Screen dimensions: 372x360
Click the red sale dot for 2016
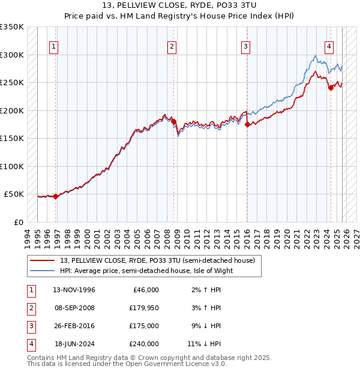click(x=247, y=125)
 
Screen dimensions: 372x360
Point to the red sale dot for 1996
click(x=55, y=196)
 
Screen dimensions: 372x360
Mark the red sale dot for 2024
click(x=331, y=88)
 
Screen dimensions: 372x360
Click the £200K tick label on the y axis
click(x=12, y=110)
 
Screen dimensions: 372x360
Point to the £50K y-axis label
click(x=14, y=194)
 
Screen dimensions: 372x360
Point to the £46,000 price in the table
click(x=145, y=290)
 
